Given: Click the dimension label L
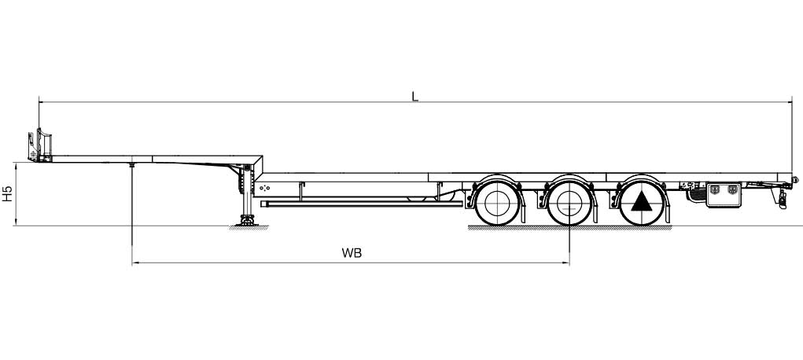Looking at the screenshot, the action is pyautogui.click(x=414, y=96).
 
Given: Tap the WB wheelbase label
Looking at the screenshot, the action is pyautogui.click(x=352, y=253).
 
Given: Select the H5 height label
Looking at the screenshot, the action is pyautogui.click(x=7, y=193).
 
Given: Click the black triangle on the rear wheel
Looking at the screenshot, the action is pyautogui.click(x=642, y=202).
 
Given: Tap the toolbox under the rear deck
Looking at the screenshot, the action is pyautogui.click(x=724, y=195).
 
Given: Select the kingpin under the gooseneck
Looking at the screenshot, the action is pyautogui.click(x=132, y=165).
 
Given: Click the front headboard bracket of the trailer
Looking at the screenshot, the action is pyautogui.click(x=40, y=145).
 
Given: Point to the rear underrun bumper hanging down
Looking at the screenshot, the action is pyautogui.click(x=782, y=197).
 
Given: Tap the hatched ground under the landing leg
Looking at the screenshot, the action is pyautogui.click(x=249, y=228).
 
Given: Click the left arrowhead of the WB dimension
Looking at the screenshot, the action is pyautogui.click(x=135, y=263).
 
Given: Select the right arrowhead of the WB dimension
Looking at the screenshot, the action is pyautogui.click(x=566, y=263).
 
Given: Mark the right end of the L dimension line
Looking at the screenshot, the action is pyautogui.click(x=792, y=102).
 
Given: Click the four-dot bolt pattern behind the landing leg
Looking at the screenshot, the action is pyautogui.click(x=264, y=188).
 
